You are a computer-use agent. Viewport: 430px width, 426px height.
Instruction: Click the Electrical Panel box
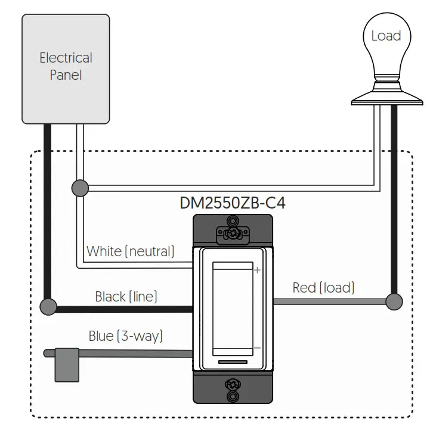66,69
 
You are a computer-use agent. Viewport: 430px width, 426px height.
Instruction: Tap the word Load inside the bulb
386,36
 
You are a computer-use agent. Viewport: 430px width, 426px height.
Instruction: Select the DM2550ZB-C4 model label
233,203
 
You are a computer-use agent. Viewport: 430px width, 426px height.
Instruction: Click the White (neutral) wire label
130,251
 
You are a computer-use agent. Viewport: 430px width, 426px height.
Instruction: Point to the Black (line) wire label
126,297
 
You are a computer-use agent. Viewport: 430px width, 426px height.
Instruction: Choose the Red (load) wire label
324,288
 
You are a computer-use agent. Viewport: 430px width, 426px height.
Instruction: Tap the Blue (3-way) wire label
126,336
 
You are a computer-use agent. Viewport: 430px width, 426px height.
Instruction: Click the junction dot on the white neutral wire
80,188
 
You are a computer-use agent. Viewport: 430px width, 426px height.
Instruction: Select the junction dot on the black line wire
48,307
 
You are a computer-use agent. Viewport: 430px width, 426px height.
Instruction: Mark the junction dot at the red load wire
394,301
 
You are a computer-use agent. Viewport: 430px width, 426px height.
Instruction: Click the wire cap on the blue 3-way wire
67,365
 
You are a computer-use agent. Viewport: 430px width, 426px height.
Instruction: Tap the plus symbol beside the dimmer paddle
257,270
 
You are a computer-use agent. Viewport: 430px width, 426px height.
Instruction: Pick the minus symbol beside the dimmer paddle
257,348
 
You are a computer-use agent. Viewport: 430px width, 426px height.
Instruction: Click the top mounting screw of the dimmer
233,234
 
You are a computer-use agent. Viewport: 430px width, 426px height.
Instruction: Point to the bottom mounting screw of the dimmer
233,384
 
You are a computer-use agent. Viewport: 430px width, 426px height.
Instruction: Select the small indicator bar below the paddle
233,362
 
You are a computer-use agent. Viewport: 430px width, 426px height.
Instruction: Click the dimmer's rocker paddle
233,309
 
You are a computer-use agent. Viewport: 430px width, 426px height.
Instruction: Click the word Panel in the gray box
66,75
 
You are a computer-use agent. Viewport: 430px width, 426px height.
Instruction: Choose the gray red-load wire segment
329,302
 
